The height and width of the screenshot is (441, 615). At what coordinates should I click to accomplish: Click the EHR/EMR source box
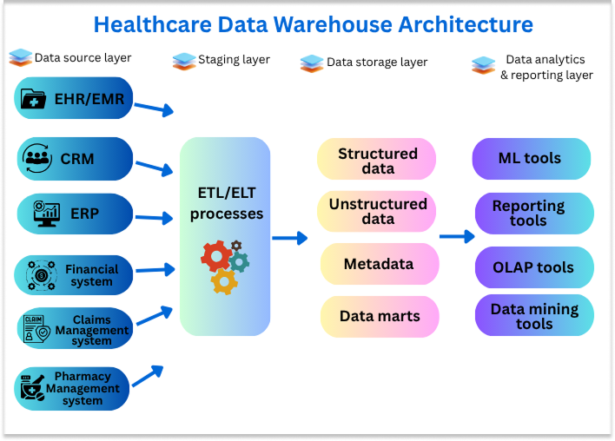pos(75,99)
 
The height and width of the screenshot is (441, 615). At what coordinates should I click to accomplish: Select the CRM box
pos(75,159)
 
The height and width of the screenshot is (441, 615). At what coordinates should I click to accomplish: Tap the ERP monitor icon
pos(45,214)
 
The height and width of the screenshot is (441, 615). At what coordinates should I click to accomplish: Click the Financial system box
pos(75,275)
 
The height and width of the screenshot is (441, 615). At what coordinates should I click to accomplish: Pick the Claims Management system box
pos(75,329)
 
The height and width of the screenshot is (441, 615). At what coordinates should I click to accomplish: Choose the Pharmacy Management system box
pos(75,389)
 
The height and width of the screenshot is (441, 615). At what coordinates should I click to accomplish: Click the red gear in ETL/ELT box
pos(215,256)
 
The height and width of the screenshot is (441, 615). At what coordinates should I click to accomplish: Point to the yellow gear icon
pos(224,280)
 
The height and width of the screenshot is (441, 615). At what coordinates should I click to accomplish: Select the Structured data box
pos(377,160)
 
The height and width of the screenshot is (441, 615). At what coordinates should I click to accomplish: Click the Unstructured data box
pos(377,211)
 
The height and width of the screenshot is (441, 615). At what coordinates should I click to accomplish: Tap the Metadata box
pos(377,264)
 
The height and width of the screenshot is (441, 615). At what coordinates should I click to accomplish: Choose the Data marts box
pos(377,317)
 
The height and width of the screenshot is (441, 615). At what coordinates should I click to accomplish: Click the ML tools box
pos(531,159)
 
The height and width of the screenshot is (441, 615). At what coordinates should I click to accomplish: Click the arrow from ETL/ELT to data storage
pos(290,237)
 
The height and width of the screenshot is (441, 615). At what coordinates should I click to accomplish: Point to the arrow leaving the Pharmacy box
pos(148,374)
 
